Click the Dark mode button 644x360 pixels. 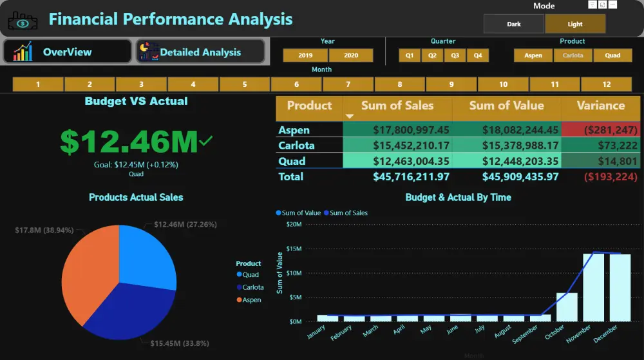tap(513, 24)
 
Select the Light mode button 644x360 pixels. tap(575, 24)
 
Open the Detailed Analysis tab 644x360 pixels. tap(200, 52)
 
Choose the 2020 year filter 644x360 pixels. tap(351, 55)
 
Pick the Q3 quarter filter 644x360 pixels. tap(455, 55)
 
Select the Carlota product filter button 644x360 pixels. tap(573, 55)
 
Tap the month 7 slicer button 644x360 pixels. tap(348, 84)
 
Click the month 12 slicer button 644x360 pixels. tap(606, 84)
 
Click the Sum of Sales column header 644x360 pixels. tap(397, 106)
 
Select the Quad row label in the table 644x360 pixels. tap(292, 161)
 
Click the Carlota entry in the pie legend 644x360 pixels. tap(252, 287)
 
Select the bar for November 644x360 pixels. tap(594, 287)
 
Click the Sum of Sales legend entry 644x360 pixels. tap(348, 213)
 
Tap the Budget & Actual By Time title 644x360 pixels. tap(458, 198)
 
